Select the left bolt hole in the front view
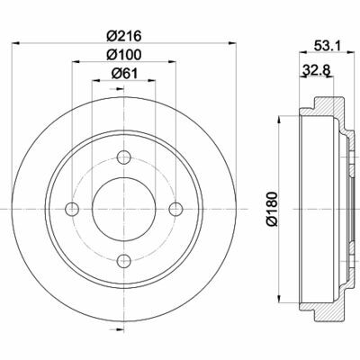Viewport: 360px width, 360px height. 72,210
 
